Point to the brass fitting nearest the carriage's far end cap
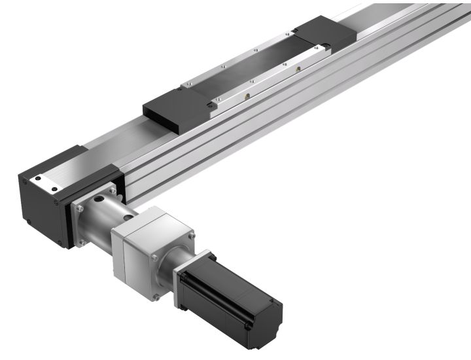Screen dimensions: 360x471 pyautogui.click(x=300, y=69)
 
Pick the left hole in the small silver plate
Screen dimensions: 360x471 pyautogui.click(x=37, y=177)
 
